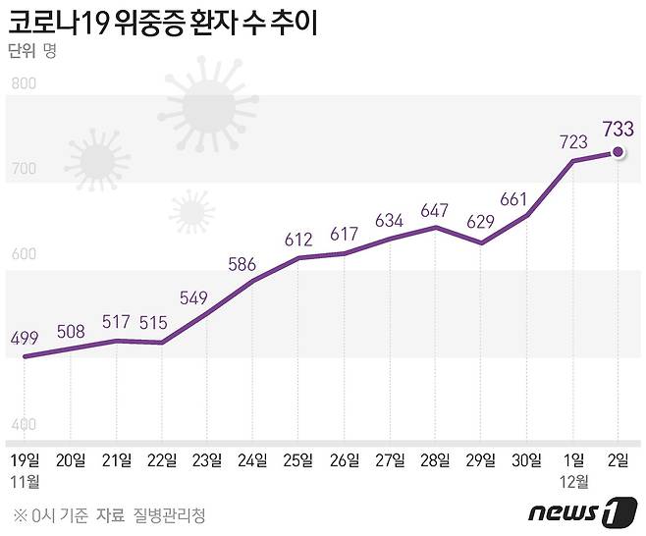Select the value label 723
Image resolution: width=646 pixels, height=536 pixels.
point(573,141)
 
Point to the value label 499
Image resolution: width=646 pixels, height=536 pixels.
point(25,338)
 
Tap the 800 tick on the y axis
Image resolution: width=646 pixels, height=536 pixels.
point(24,84)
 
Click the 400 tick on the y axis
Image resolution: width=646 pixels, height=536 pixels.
point(24,425)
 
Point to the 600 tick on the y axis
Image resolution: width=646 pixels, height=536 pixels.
point(24,254)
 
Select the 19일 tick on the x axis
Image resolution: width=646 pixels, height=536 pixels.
point(25,460)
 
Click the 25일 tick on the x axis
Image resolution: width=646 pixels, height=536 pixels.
point(298,460)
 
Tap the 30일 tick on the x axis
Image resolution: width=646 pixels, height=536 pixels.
point(526,460)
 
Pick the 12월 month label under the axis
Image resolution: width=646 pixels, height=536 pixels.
point(573,481)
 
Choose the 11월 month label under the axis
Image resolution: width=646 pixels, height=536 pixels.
point(25,481)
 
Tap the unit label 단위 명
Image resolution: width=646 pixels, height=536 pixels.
point(32,51)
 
